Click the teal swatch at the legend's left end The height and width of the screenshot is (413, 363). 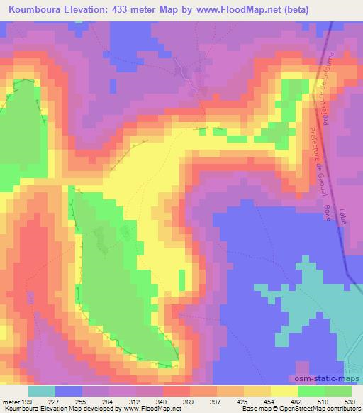[x=41, y=390]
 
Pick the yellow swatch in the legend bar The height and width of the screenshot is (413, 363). [x=284, y=390]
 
